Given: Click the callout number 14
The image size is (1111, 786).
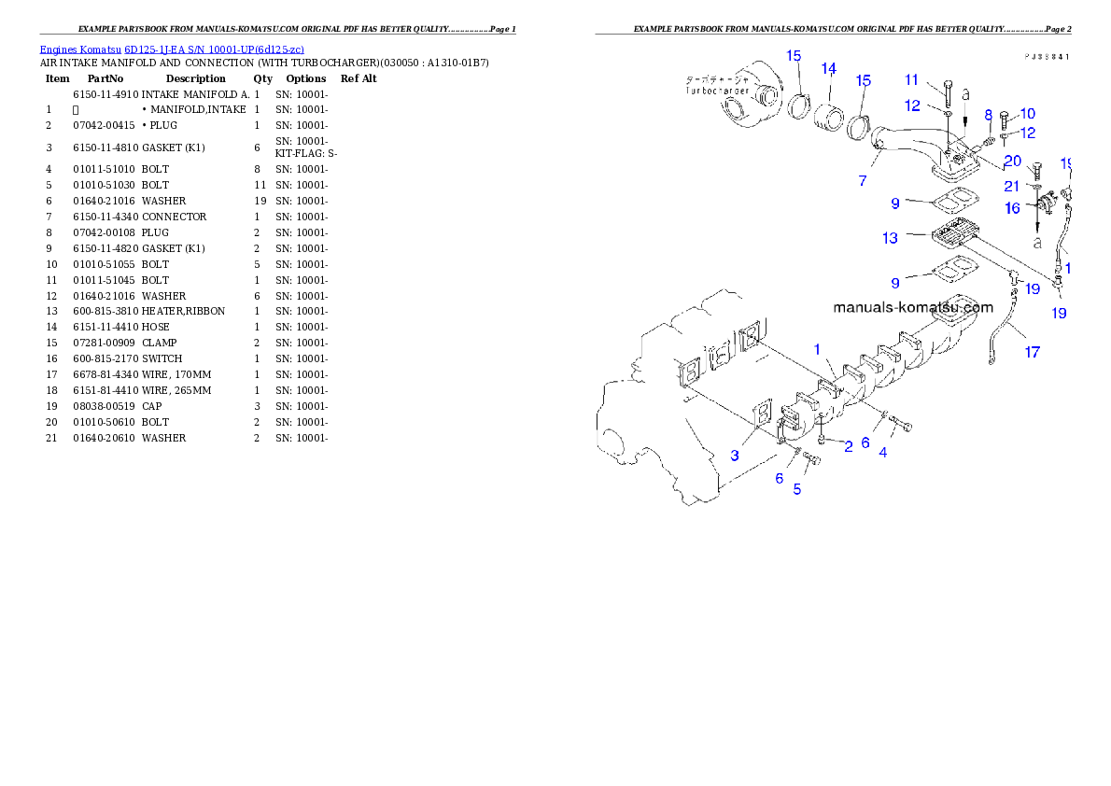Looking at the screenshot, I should click(x=828, y=68).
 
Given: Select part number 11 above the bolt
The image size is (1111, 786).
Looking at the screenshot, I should click(x=911, y=79).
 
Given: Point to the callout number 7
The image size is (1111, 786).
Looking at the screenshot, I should click(x=863, y=181).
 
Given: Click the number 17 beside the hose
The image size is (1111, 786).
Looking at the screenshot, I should click(x=1033, y=353).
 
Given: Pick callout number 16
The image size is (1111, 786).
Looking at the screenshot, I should click(x=1012, y=208).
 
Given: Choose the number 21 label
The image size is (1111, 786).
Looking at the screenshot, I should click(x=1012, y=187).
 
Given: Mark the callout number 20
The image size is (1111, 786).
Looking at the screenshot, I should click(x=1013, y=161).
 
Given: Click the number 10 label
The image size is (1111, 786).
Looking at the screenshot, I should click(x=1027, y=113).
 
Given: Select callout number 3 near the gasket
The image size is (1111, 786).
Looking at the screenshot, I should click(x=735, y=456).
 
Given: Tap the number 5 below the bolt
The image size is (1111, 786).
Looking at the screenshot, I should click(x=796, y=489).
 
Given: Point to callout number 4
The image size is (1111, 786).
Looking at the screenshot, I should click(x=882, y=453).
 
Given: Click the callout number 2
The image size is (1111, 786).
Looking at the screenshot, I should click(x=848, y=446).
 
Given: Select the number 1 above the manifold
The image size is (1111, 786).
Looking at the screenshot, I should click(x=816, y=349).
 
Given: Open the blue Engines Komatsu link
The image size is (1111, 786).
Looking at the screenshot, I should click(x=172, y=49).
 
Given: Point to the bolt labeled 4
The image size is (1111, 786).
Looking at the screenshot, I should click(x=901, y=426).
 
